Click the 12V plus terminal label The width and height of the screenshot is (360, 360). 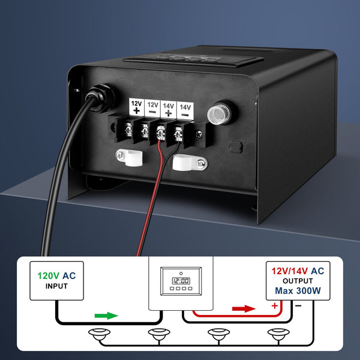[x=136, y=107]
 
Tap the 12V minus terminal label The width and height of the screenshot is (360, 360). [x=152, y=107]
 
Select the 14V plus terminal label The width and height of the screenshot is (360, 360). [x=169, y=107]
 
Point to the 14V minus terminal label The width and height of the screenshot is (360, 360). [x=186, y=107]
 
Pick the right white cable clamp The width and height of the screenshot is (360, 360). [x=185, y=162]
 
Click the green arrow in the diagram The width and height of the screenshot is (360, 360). [x=106, y=315]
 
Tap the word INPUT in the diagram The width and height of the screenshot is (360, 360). [x=57, y=286]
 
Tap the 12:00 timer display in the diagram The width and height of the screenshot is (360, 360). [x=180, y=280]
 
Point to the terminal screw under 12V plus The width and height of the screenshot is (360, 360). [x=128, y=128]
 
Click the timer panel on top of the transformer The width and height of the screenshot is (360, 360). [x=192, y=61]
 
